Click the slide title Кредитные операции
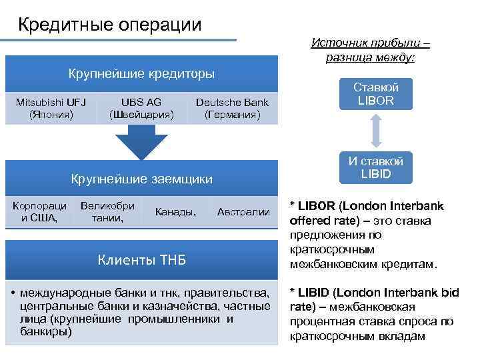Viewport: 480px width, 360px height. click(109, 25)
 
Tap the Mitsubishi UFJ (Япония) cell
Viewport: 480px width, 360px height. click(51, 109)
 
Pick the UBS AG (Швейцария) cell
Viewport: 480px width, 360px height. click(141, 109)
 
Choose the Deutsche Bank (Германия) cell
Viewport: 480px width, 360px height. click(232, 109)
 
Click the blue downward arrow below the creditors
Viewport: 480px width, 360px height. click(141, 143)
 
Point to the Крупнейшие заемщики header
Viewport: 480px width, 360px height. click(142, 179)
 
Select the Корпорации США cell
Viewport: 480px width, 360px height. click(39, 211)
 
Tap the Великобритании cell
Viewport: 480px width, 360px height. click(107, 211)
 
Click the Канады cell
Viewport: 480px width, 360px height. click(175, 212)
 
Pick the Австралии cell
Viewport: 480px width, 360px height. click(243, 212)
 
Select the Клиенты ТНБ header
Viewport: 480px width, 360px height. click(141, 259)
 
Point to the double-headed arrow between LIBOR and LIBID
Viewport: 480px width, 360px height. click(376, 130)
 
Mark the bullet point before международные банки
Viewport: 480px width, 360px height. click(13, 293)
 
